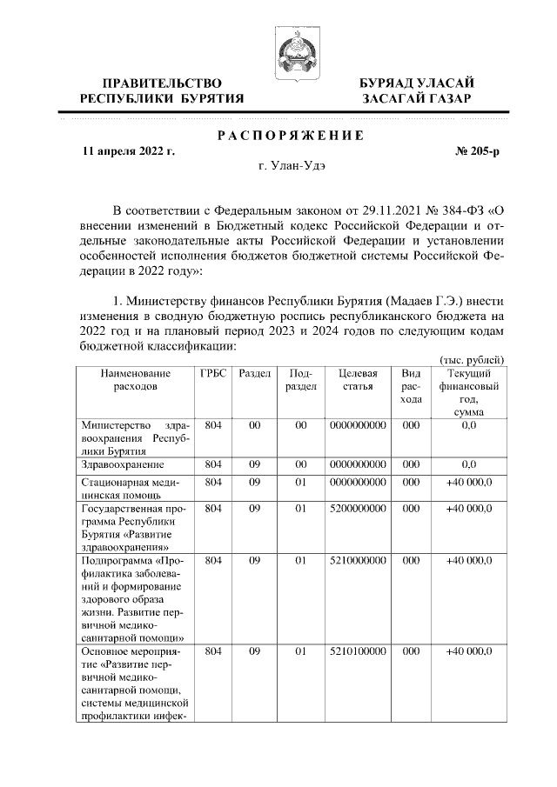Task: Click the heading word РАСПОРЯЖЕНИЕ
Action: pos(289,135)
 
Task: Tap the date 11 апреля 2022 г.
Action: pos(128,151)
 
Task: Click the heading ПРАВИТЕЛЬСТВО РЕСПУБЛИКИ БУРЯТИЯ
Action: pos(162,90)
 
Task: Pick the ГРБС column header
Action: pos(213,373)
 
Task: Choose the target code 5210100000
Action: pos(358,650)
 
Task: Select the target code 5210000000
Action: pos(358,561)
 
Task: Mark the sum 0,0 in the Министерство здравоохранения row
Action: pos(469,425)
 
